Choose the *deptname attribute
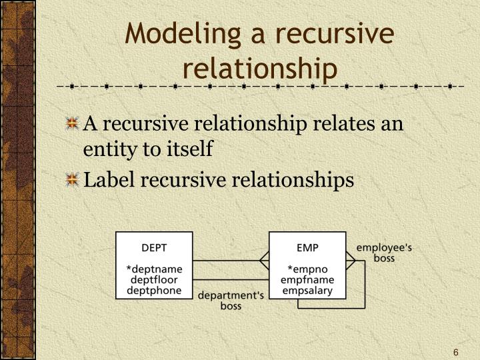tap(155, 269)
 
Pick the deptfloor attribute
tap(155, 280)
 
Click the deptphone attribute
tap(155, 291)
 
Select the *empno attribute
tap(307, 269)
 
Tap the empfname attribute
tap(307, 280)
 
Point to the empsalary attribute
tap(307, 291)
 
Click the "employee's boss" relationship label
tap(384, 252)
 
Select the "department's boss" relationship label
tap(231, 300)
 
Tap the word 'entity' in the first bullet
tap(105, 150)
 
